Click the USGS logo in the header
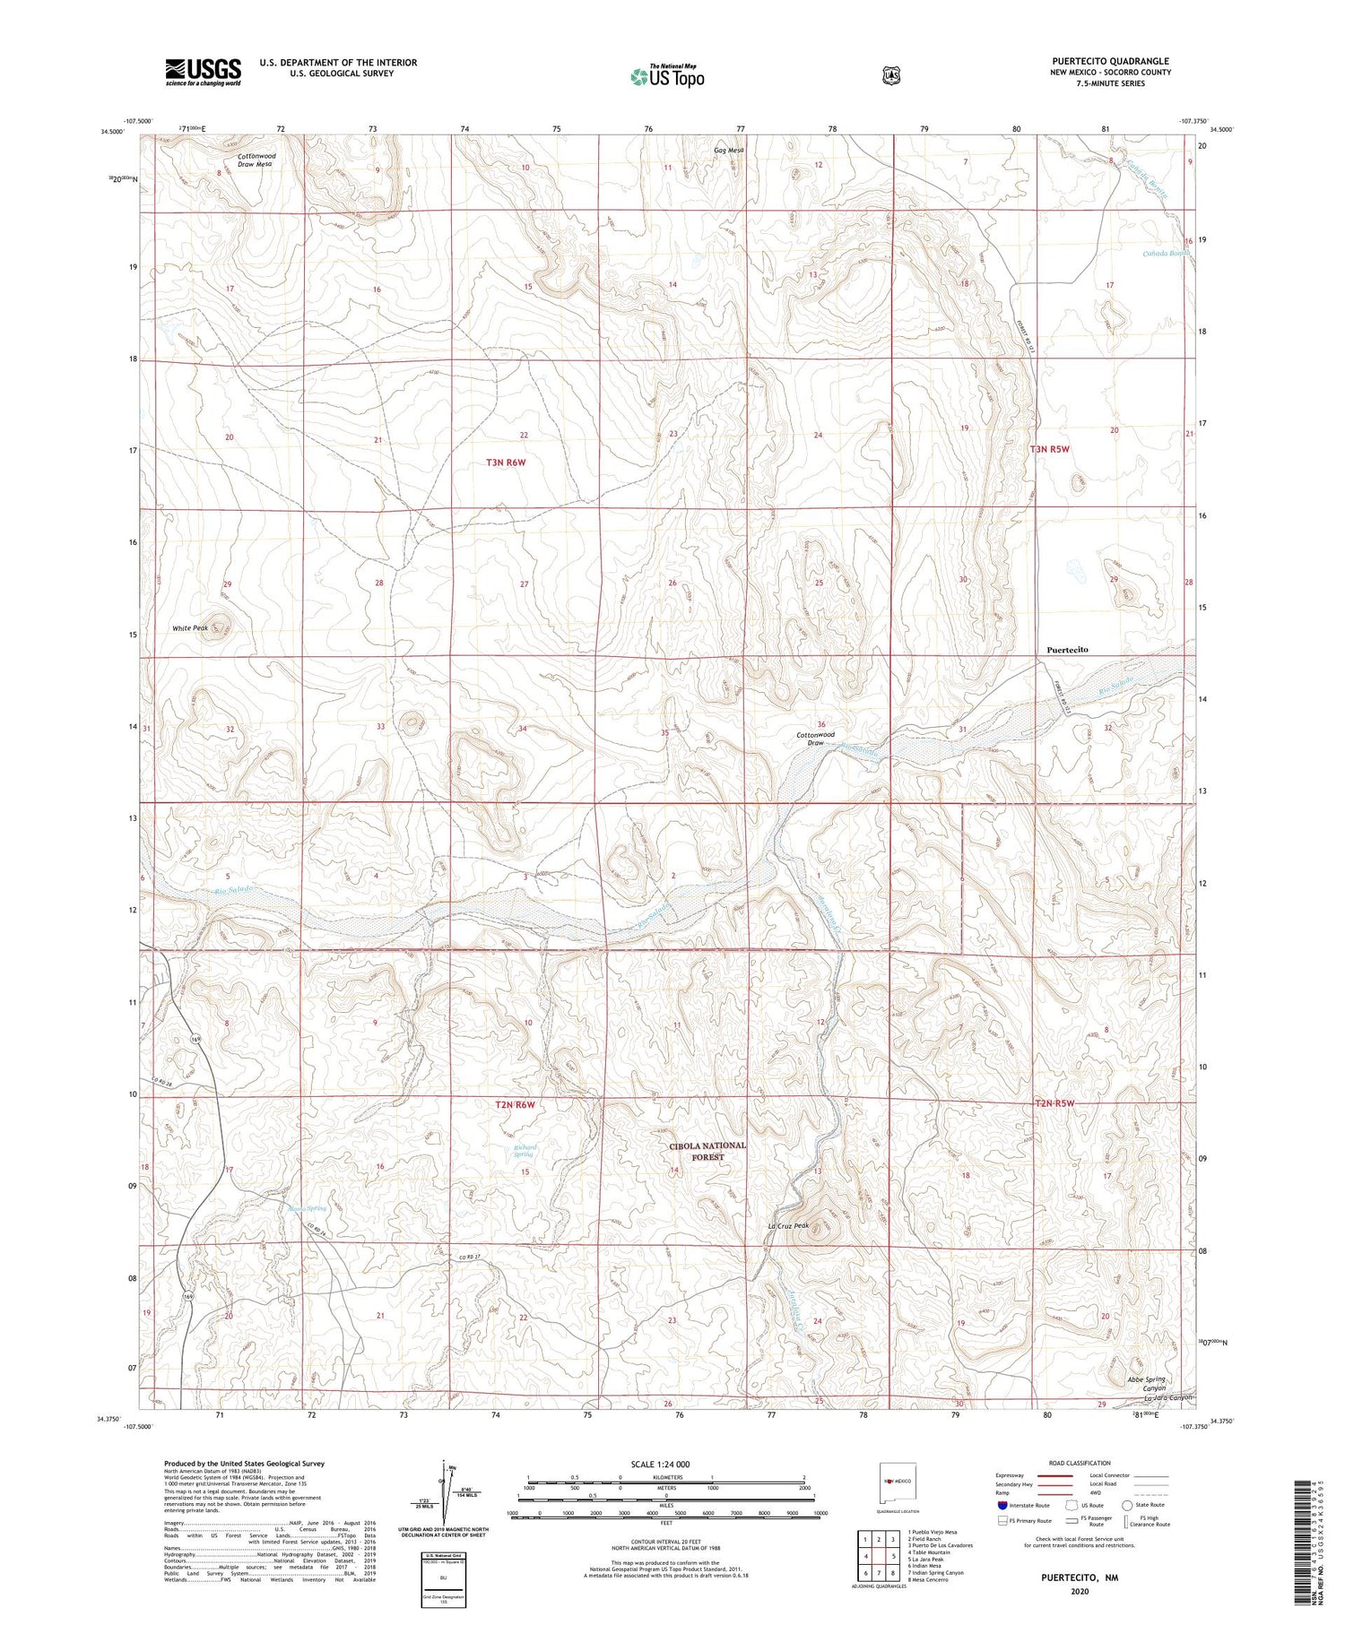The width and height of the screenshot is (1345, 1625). point(203,72)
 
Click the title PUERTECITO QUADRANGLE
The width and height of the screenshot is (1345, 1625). point(1111,61)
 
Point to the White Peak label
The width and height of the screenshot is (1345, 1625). point(190,628)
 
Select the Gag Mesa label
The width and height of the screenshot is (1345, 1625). point(728,150)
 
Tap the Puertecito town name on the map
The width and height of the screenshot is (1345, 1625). point(1067,649)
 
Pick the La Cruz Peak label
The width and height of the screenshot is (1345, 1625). point(788,1226)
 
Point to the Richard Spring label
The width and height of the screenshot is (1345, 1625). point(525,1150)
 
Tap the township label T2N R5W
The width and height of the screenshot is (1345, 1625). point(1054,1103)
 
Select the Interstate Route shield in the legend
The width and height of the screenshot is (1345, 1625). point(1002,1506)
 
